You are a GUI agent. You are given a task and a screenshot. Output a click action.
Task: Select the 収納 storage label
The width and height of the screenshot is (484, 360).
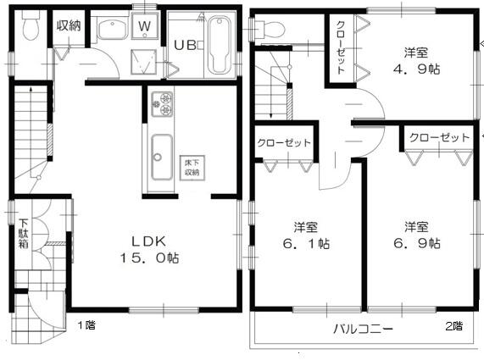coord(69,25)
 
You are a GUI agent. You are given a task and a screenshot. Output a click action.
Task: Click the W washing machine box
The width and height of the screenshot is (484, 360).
coord(145,25)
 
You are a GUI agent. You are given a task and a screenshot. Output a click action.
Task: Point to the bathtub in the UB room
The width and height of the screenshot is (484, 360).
coord(220,45)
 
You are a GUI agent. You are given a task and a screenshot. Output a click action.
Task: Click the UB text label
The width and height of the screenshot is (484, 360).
coord(185,46)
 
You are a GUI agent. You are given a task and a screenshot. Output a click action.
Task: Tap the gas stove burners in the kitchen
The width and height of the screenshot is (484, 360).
coord(162,104)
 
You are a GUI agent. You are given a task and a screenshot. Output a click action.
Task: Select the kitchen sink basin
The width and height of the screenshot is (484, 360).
coord(162,158)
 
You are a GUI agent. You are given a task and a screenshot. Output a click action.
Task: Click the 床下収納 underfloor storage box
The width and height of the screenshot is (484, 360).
coord(192,168)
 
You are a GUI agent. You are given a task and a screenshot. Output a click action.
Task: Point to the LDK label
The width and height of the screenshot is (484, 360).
coord(149,241)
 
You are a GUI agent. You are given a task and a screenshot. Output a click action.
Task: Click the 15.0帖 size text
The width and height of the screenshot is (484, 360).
coord(150,258)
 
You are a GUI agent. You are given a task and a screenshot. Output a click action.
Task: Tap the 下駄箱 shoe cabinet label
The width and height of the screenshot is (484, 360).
coord(24,234)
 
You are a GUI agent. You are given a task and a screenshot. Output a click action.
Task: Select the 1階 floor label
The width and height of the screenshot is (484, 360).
coord(86,324)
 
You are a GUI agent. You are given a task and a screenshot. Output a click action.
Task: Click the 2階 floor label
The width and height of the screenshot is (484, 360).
coord(453,326)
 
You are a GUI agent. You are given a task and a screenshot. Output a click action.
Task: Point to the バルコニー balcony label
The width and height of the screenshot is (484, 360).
coord(364,329)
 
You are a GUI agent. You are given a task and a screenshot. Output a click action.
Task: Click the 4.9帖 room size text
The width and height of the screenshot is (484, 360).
coord(417,69)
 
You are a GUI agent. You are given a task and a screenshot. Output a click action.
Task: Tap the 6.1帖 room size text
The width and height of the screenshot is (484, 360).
coord(306,244)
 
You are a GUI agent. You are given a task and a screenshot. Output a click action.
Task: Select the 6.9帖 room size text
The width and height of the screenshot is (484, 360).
coord(417,243)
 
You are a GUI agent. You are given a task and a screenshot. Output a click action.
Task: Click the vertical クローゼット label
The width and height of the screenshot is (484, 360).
coord(341,47)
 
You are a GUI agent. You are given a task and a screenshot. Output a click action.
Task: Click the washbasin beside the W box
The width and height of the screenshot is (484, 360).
coord(113,29)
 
